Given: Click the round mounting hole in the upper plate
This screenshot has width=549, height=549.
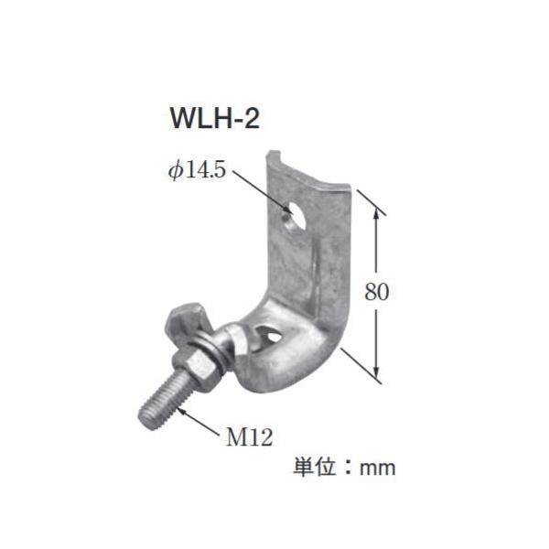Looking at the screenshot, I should [294, 217].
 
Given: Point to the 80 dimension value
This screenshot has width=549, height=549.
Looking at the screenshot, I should [377, 292].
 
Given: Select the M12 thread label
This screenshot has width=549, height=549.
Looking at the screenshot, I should [248, 437].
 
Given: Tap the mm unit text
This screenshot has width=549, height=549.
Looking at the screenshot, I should [377, 468].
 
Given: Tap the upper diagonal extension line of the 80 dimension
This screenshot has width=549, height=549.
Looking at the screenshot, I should [371, 203].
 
